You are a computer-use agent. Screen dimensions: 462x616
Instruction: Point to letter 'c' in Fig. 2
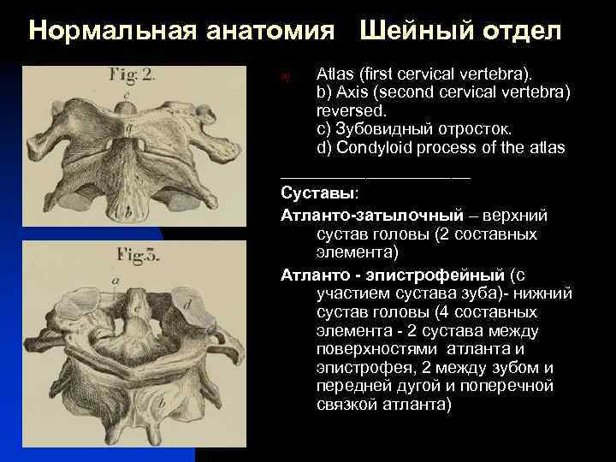pyautogui.click(x=126, y=97)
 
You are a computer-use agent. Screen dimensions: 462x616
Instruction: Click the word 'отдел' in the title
pyautogui.click(x=520, y=32)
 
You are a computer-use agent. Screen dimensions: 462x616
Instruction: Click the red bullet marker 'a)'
pyautogui.click(x=287, y=77)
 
